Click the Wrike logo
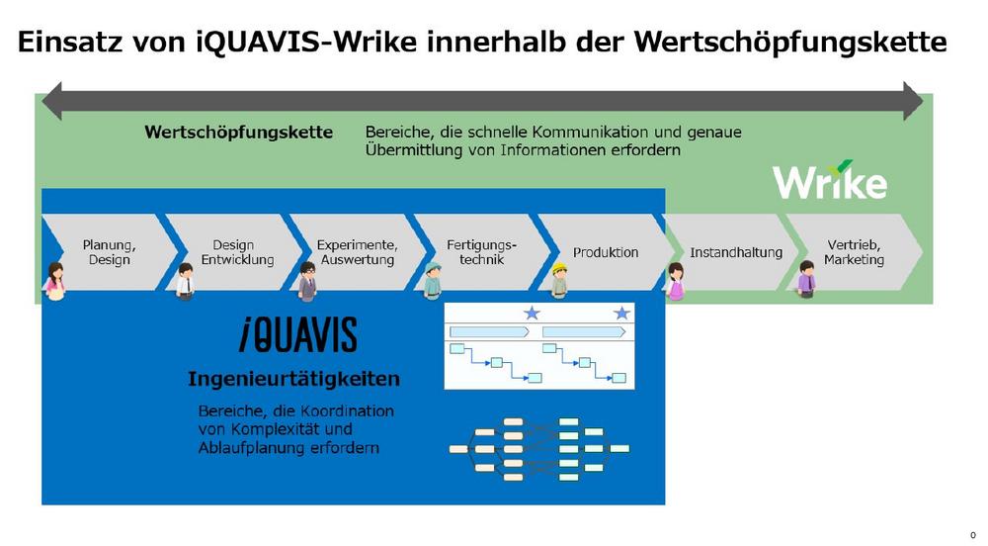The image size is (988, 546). point(829,181)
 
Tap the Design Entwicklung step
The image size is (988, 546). point(233,252)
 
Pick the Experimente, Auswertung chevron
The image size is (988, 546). point(357,252)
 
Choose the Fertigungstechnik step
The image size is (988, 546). point(481,252)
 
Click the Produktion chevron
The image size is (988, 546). point(606,252)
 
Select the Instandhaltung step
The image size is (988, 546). point(735,252)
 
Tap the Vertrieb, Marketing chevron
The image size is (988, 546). point(855,252)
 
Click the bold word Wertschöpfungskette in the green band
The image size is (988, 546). point(238,132)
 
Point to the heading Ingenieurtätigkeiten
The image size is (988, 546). point(293,379)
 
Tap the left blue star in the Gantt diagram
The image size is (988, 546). point(532,314)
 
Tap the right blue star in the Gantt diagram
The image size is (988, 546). point(621,314)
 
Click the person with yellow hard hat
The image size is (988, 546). point(559,280)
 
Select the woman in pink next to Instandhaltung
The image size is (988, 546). point(676,281)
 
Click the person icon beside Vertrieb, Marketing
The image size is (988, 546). point(806,279)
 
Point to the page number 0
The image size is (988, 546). point(972,534)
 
